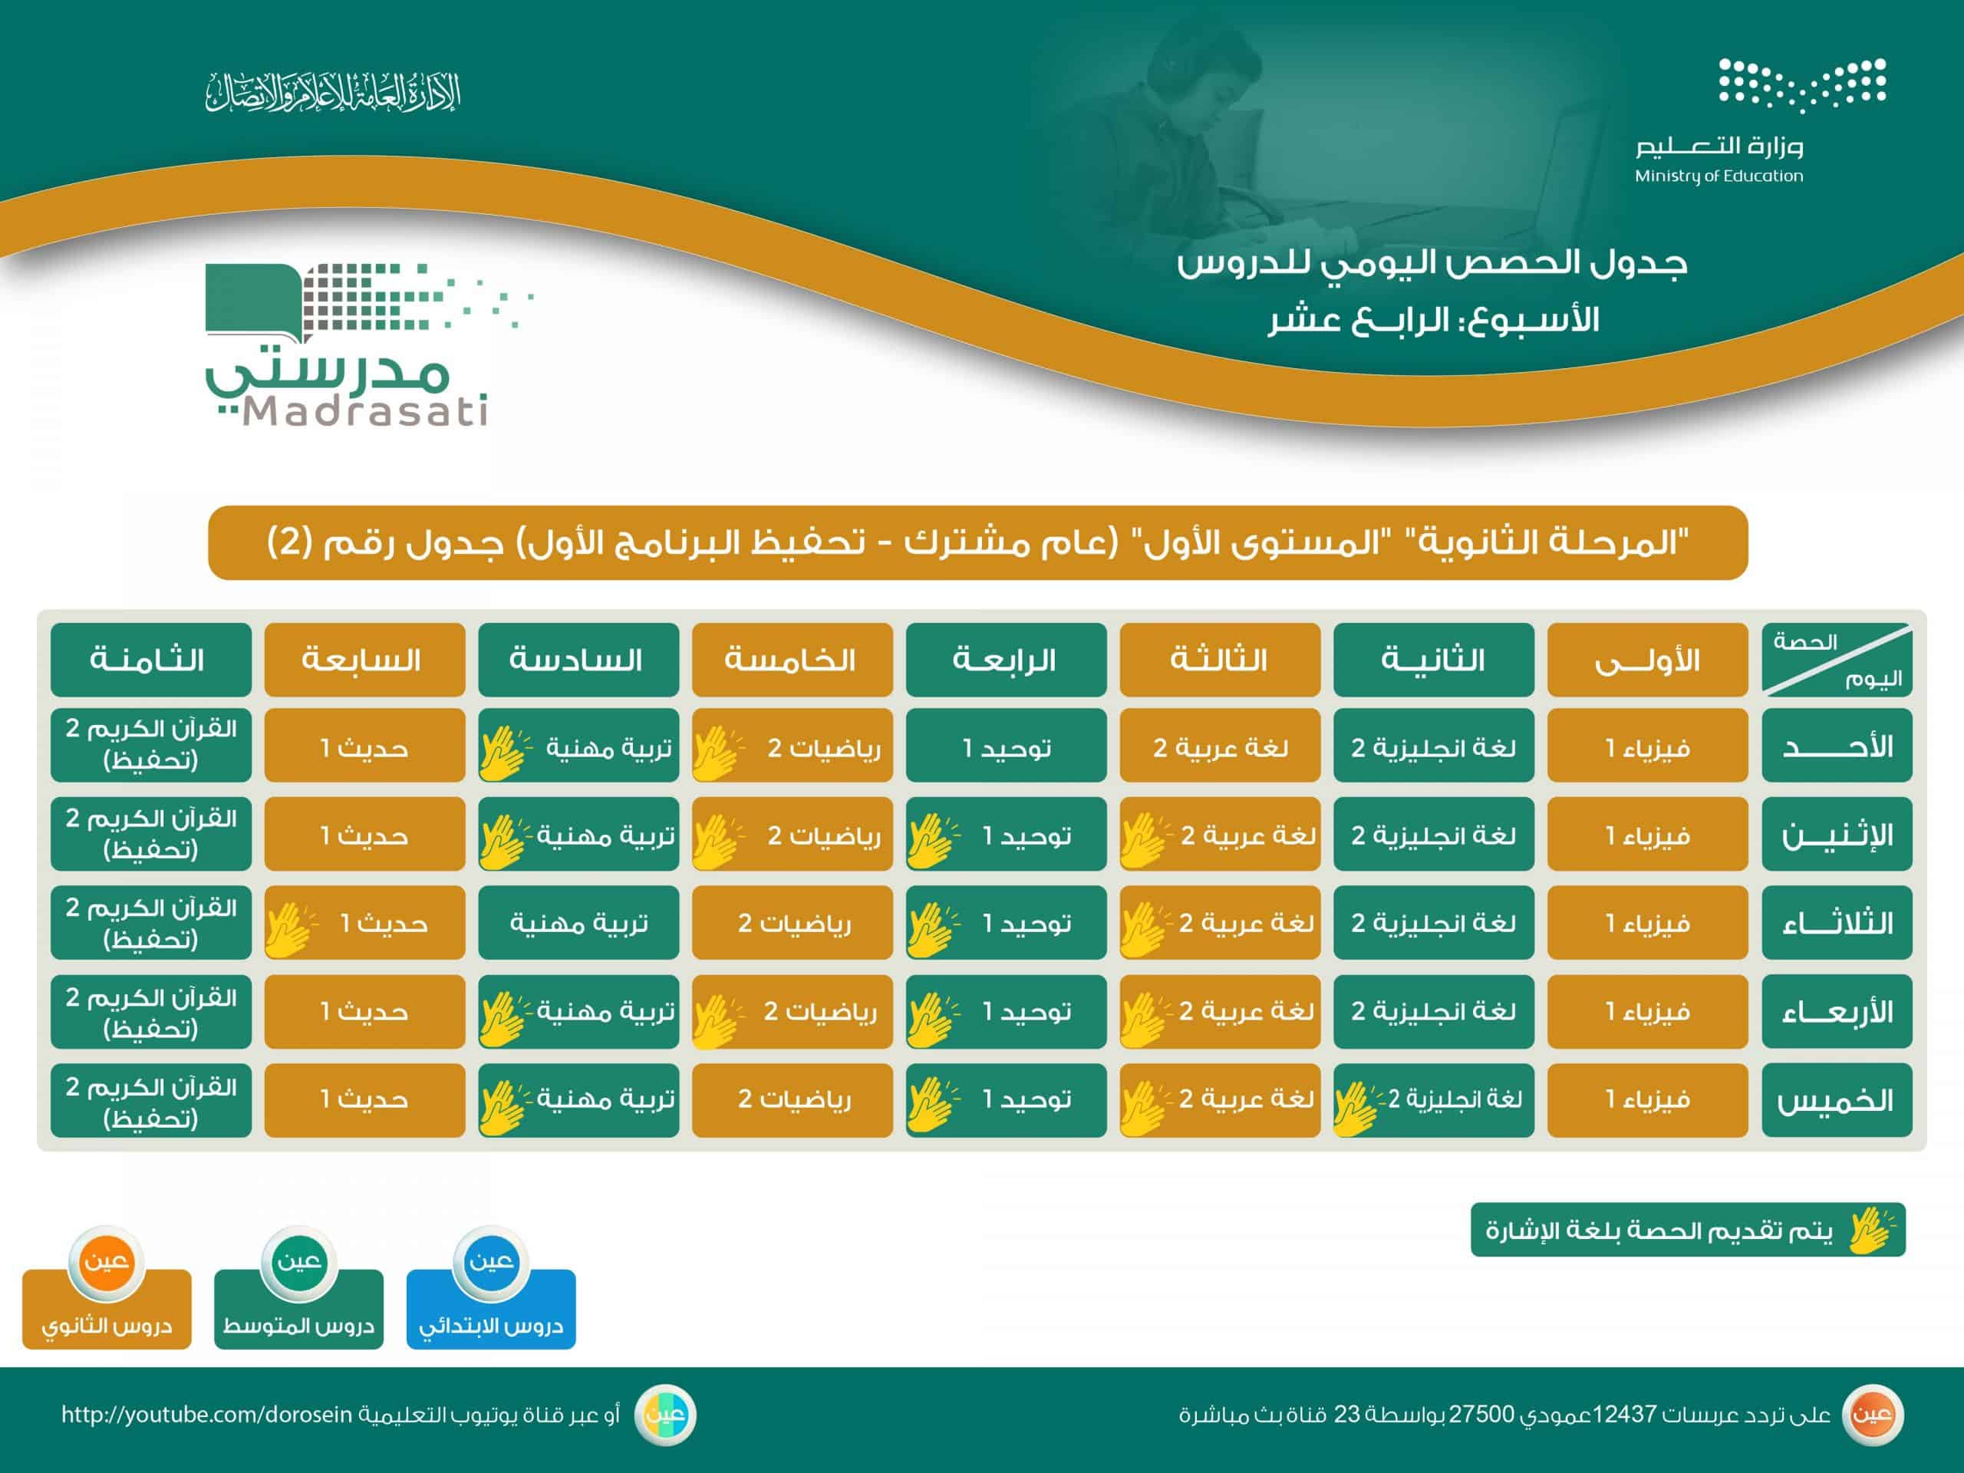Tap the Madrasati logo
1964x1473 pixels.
pyautogui.click(x=368, y=344)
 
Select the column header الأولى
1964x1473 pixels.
pyautogui.click(x=1647, y=660)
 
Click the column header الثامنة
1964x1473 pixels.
pyautogui.click(x=151, y=660)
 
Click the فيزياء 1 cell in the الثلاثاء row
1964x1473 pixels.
pyautogui.click(x=1647, y=922)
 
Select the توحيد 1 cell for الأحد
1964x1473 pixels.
pyautogui.click(x=1006, y=746)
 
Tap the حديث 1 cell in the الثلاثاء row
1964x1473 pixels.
pyautogui.click(x=365, y=922)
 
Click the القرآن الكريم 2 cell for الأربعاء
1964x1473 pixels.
pyautogui.click(x=151, y=1011)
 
